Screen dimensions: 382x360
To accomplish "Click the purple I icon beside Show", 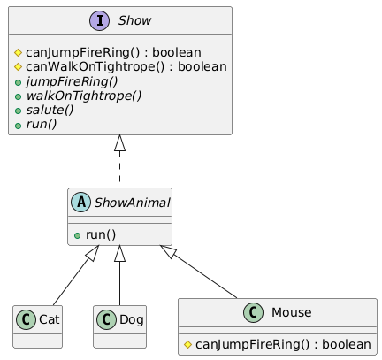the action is [100, 20].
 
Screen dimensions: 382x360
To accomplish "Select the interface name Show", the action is [134, 20].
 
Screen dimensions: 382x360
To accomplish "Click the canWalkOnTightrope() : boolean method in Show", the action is [126, 67].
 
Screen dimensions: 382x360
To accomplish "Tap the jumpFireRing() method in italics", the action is [72, 81].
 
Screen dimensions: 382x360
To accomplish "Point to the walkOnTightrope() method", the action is [84, 96].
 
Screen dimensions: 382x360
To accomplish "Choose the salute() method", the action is [50, 110].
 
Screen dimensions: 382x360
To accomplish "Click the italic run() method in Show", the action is [42, 124].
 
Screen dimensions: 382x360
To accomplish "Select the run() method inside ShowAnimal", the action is [101, 235].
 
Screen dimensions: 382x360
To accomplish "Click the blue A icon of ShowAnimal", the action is [80, 203].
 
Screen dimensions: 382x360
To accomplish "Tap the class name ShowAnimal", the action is [132, 203].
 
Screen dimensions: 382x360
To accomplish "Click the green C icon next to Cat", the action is [26, 319].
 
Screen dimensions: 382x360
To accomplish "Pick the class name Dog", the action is [132, 319].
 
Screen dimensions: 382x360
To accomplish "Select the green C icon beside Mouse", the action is [253, 312].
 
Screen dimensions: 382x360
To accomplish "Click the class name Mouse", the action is [291, 312].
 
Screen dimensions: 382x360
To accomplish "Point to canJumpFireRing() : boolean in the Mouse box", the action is [283, 344].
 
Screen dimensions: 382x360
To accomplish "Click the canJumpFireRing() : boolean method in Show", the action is [113, 53].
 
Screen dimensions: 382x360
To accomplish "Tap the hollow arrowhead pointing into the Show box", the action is [119, 143].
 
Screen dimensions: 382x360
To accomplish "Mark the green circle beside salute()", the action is [18, 111].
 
